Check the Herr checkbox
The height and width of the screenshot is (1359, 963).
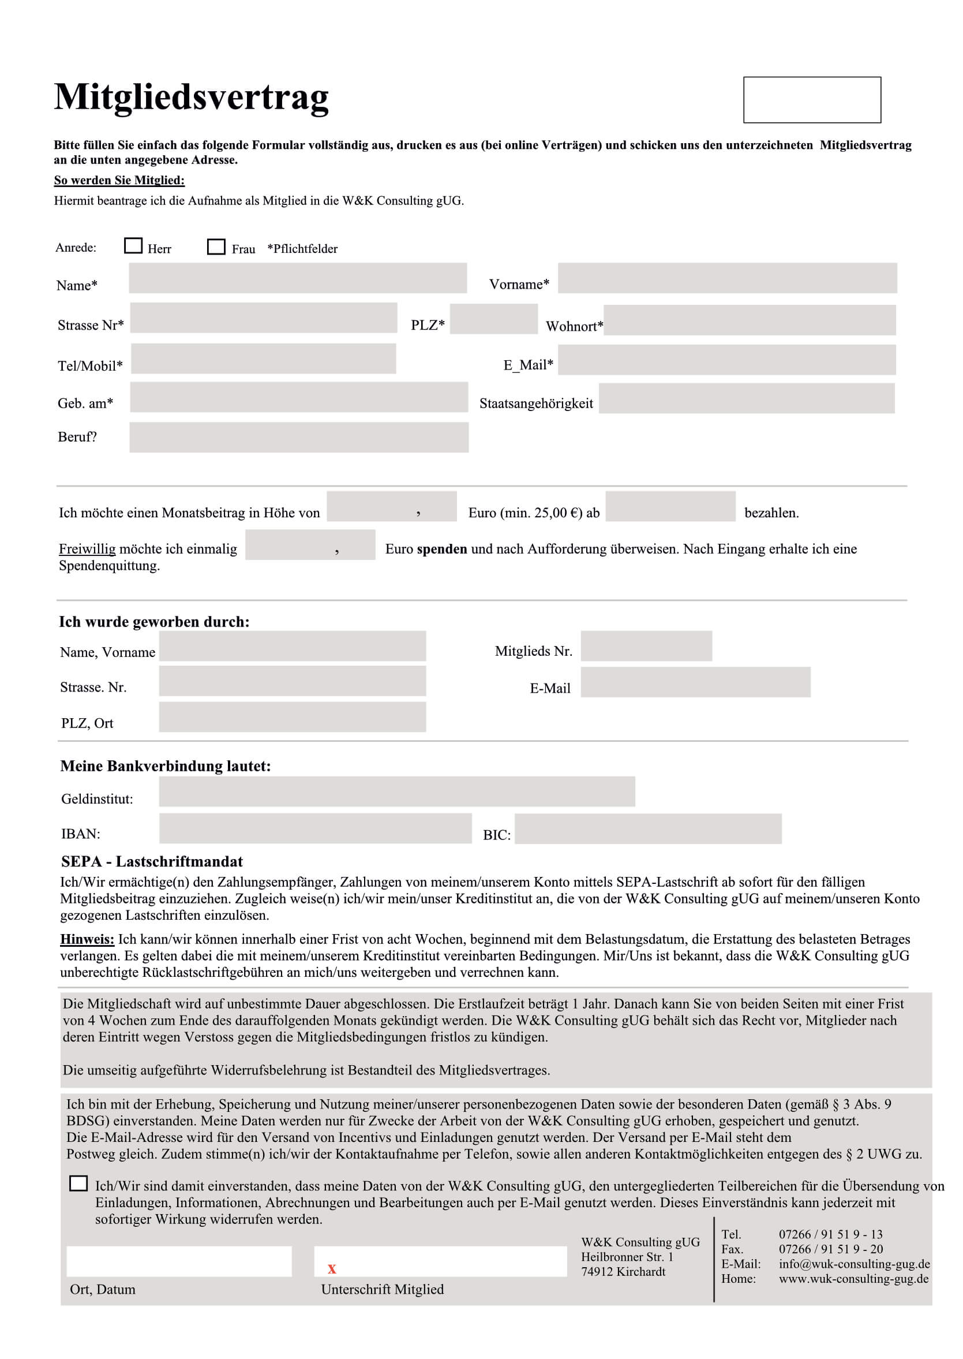pos(133,245)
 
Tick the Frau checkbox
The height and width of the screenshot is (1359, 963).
pos(216,246)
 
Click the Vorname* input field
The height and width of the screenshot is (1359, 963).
pos(727,278)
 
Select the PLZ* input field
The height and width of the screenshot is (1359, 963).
pos(493,319)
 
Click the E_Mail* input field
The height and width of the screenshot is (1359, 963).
pos(726,360)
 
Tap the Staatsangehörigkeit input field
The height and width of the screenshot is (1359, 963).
pos(746,398)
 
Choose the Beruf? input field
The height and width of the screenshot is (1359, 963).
pos(299,437)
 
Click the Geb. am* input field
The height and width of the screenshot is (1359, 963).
pos(299,397)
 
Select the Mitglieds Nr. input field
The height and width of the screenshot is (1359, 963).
pos(646,646)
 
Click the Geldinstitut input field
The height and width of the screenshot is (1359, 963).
pos(397,791)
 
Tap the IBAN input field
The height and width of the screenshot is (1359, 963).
pos(315,828)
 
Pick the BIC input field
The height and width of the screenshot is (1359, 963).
pos(647,828)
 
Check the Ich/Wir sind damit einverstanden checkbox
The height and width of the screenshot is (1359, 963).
pos(78,1183)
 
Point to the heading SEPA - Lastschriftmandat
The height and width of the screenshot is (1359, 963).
pos(152,861)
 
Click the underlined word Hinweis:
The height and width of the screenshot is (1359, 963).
pos(87,939)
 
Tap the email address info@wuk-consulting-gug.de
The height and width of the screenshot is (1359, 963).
pos(854,1264)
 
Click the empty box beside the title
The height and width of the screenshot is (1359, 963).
pos(812,100)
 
